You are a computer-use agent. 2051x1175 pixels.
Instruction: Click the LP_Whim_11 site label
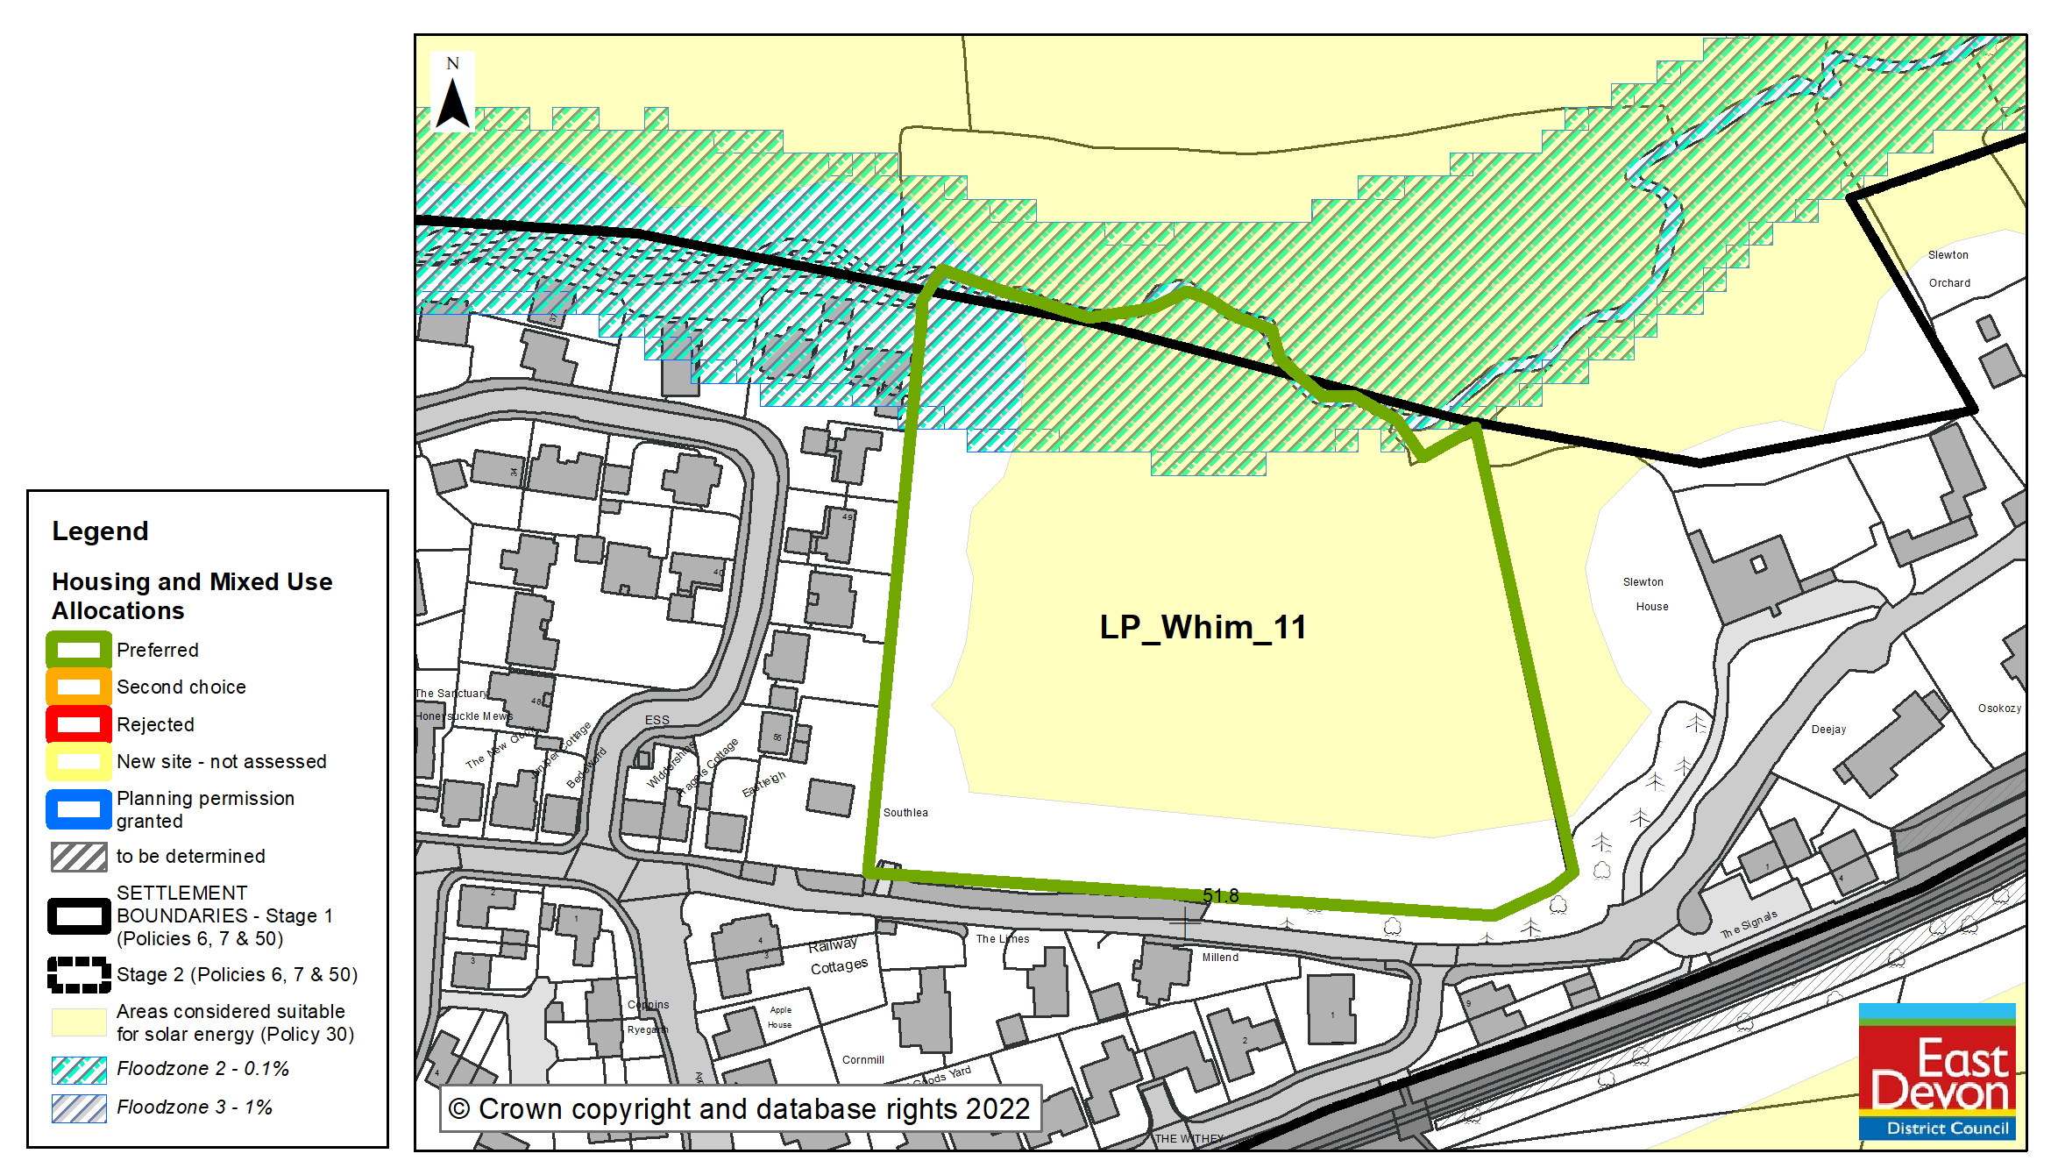pyautogui.click(x=1203, y=628)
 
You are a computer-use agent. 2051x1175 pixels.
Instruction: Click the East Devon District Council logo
pyautogui.click(x=1937, y=1072)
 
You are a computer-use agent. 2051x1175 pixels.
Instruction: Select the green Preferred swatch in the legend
pyautogui.click(x=79, y=651)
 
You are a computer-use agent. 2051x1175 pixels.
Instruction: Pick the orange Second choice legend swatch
pyautogui.click(x=79, y=687)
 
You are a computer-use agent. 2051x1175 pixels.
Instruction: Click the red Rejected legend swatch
pyautogui.click(x=79, y=725)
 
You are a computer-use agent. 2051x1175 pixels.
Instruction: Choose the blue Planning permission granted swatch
pyautogui.click(x=79, y=809)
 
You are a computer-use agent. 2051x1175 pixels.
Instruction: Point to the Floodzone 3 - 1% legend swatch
pyautogui.click(x=79, y=1108)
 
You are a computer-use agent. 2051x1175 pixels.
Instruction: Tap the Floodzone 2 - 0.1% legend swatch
pyautogui.click(x=79, y=1070)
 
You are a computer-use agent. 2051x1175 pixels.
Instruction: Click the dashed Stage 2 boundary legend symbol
pyautogui.click(x=79, y=975)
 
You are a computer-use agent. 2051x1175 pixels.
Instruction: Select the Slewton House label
pyautogui.click(x=1645, y=595)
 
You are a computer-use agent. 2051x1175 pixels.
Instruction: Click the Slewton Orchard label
pyautogui.click(x=1948, y=269)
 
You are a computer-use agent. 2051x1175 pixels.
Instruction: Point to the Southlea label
pyautogui.click(x=905, y=813)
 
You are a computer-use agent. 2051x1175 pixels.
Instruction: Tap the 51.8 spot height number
pyautogui.click(x=1220, y=895)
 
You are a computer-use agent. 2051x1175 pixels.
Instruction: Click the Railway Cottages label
pyautogui.click(x=837, y=956)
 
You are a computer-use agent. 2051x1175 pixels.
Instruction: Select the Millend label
pyautogui.click(x=1220, y=958)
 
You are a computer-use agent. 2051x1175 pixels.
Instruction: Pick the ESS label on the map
pyautogui.click(x=656, y=720)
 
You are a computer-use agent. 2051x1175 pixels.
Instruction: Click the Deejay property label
pyautogui.click(x=1828, y=730)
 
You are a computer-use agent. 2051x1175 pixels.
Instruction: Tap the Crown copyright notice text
pyautogui.click(x=740, y=1109)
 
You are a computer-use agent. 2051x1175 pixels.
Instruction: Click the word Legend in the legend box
pyautogui.click(x=100, y=531)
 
